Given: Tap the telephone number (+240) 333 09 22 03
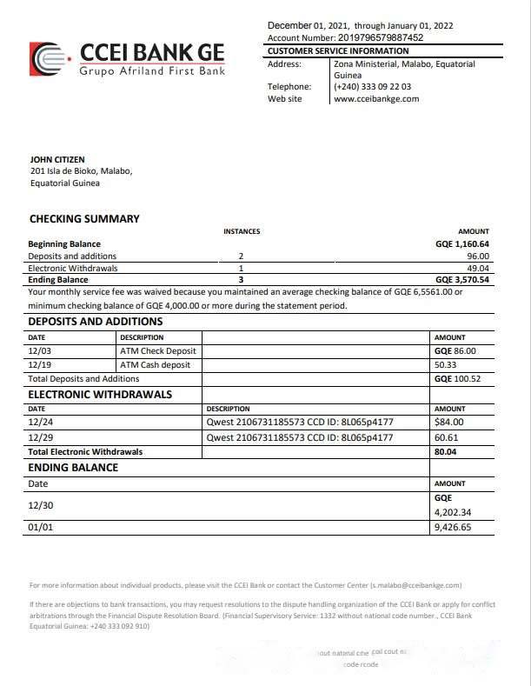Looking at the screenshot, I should (x=372, y=87).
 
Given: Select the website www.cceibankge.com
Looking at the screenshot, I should (x=376, y=99).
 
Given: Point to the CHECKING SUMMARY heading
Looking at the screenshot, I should (x=84, y=219).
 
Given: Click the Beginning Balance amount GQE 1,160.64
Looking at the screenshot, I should (x=462, y=244).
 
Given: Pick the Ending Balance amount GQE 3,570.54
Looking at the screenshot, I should (x=462, y=281).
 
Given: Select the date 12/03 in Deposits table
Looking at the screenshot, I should (x=39, y=351).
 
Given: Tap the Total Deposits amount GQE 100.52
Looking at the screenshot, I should (x=456, y=379).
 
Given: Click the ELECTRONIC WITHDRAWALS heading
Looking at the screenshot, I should (x=100, y=395).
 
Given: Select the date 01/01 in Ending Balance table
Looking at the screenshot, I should (x=39, y=527).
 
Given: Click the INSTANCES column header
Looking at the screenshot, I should (x=242, y=231).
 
